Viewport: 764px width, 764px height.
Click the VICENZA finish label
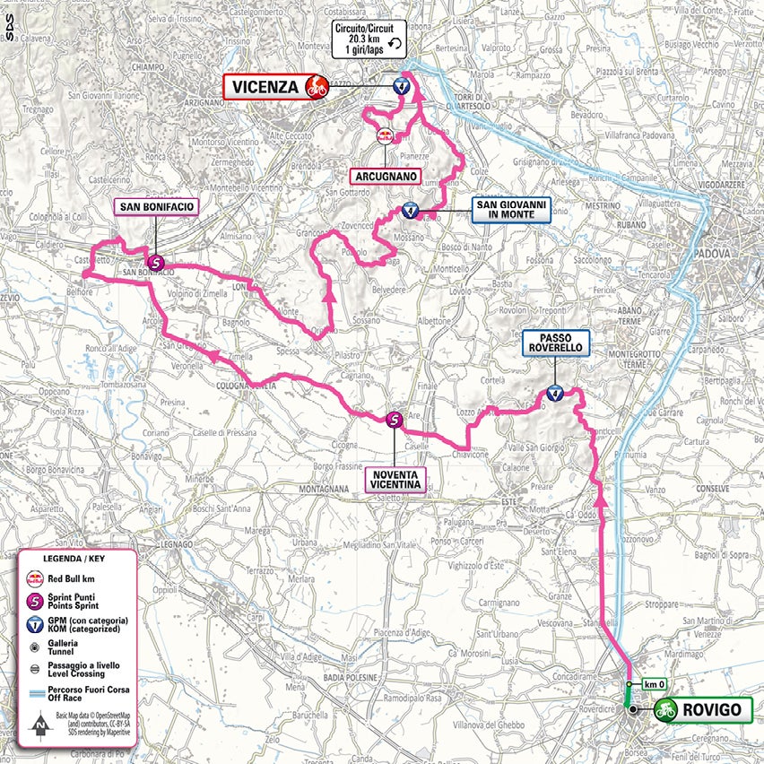pos(265,87)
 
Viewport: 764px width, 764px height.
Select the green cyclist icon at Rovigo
pos(665,710)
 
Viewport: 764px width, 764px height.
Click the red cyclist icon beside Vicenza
pos(315,87)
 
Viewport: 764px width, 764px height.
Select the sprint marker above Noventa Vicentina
pos(395,419)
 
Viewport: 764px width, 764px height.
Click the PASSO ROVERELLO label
pos(556,342)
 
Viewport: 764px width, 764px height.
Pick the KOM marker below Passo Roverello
pos(555,393)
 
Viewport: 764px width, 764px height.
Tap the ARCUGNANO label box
pos(386,177)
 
